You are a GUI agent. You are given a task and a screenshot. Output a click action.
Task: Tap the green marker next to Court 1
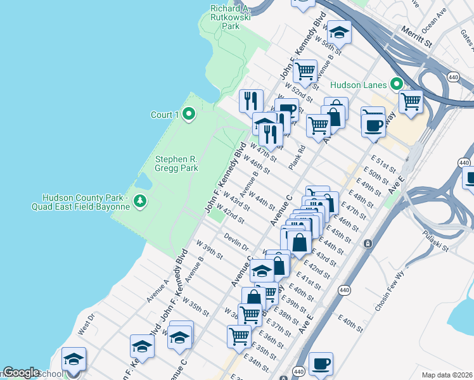click(x=188, y=114)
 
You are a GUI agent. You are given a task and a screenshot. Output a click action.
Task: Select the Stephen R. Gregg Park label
click(x=177, y=163)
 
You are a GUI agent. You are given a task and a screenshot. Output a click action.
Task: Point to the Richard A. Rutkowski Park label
click(x=231, y=17)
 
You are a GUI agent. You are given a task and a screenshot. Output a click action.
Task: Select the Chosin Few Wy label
click(x=390, y=291)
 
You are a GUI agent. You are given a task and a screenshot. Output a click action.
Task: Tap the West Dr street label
click(x=86, y=323)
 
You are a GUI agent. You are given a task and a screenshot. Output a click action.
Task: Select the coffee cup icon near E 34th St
click(x=321, y=364)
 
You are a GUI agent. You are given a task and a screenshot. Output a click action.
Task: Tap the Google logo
click(x=22, y=372)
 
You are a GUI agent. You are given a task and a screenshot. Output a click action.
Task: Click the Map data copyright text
click(x=447, y=375)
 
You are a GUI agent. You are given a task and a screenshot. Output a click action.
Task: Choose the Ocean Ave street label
click(x=434, y=21)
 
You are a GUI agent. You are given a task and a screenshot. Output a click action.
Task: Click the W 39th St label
click(x=209, y=250)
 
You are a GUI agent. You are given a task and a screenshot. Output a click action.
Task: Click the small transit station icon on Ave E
click(x=367, y=243)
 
